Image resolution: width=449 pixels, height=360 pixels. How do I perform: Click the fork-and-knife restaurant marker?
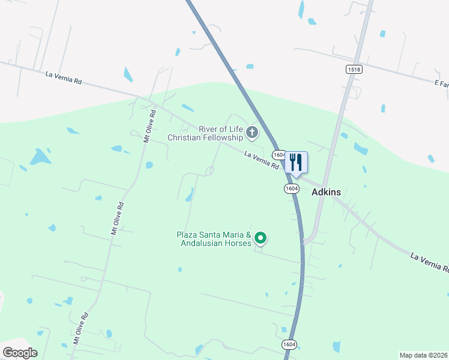click(296, 162)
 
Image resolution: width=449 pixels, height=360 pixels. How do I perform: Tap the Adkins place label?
click(326, 193)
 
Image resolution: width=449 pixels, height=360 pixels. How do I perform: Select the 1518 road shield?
click(354, 70)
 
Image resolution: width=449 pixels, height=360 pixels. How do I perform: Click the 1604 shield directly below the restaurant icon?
click(291, 188)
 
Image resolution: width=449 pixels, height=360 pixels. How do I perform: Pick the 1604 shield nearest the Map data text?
click(289, 344)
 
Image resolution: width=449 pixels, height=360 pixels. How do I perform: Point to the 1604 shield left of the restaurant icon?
click(278, 155)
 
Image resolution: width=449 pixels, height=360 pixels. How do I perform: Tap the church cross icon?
click(253, 132)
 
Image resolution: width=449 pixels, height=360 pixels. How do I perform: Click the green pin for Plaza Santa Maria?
click(261, 239)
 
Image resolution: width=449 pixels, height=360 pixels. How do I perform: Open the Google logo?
click(20, 353)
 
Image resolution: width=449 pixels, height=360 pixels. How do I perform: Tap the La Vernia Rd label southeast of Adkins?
click(429, 263)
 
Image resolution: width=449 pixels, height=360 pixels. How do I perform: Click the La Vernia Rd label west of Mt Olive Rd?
click(63, 78)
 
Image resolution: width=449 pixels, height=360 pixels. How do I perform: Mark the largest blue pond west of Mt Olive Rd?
click(40, 157)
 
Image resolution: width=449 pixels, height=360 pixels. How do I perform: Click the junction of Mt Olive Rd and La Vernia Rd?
click(154, 106)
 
